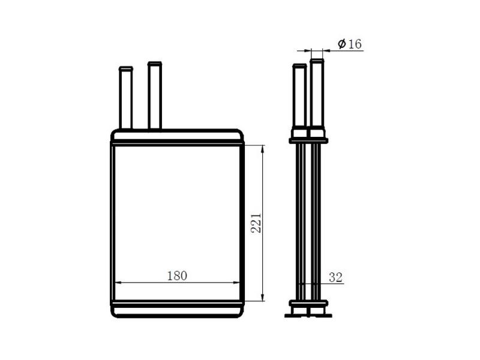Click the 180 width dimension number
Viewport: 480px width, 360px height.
click(177, 276)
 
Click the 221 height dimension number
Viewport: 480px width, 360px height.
click(256, 223)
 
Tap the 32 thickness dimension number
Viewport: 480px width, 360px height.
click(335, 277)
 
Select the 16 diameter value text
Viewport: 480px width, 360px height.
click(355, 44)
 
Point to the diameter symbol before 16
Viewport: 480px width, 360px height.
click(342, 44)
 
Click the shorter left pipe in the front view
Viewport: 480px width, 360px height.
click(126, 98)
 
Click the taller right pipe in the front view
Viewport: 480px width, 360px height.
click(155, 95)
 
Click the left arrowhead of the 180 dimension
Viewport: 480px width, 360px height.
click(118, 283)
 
